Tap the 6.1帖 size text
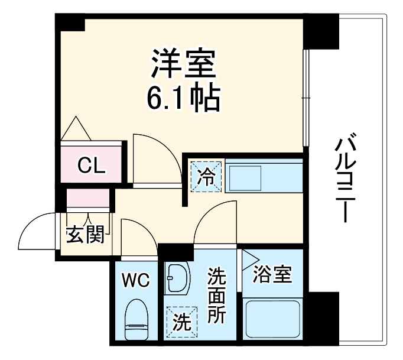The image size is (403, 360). (x=184, y=99)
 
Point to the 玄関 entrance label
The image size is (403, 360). (x=84, y=235)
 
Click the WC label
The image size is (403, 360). (x=136, y=279)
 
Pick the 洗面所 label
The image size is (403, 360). (x=216, y=296)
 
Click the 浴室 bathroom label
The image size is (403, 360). (x=272, y=274)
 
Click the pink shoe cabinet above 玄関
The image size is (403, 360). (x=88, y=199)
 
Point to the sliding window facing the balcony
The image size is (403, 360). (x=305, y=98)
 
